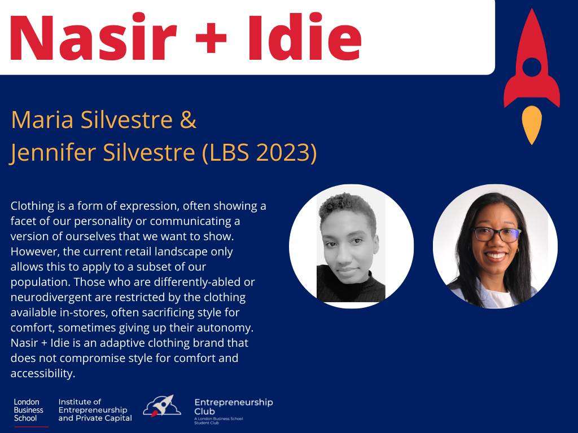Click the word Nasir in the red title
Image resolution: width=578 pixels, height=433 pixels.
(x=94, y=37)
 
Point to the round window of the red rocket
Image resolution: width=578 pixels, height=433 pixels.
(x=532, y=67)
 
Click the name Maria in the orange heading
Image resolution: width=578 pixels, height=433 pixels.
(x=42, y=120)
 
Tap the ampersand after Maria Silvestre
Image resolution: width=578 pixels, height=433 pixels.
(x=188, y=120)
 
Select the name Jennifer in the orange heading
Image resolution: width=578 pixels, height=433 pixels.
(x=52, y=152)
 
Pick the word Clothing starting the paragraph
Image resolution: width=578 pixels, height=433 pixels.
(x=32, y=206)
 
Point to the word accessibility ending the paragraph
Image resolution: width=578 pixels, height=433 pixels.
(x=43, y=373)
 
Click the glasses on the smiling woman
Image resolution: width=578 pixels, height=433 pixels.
(x=497, y=234)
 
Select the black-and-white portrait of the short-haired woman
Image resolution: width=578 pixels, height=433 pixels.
(x=351, y=246)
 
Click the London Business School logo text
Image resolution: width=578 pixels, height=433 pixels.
(x=28, y=410)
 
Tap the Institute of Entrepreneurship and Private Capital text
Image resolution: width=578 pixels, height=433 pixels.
(x=95, y=410)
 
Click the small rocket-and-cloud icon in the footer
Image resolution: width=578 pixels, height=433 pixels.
(x=162, y=406)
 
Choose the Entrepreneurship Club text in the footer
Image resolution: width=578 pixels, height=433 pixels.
(x=234, y=407)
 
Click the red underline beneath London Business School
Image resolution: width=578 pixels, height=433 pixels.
(x=32, y=427)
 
